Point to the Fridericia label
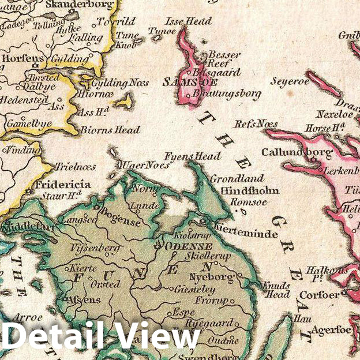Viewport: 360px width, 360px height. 62,185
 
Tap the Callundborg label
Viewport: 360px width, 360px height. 297,152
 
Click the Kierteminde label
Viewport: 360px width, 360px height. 245,234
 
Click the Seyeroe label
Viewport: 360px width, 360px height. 290,81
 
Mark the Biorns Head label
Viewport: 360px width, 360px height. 110,130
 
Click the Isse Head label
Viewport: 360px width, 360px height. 188,21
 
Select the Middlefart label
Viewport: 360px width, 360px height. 28,227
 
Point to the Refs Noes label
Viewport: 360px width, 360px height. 256,123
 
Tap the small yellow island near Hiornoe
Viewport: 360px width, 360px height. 123,102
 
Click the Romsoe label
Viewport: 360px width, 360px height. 240,202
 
